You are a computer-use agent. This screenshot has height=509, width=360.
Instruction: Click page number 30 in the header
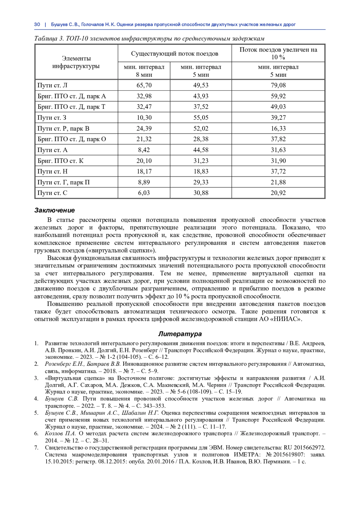point(37,25)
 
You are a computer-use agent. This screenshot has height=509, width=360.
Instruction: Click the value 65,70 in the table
point(144,85)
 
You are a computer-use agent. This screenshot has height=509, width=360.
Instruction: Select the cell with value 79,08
point(278,85)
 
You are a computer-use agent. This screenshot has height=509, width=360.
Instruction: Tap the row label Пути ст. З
point(52,118)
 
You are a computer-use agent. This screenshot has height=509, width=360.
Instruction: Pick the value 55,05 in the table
point(201,118)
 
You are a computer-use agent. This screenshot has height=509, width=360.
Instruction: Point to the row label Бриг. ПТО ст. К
point(61,161)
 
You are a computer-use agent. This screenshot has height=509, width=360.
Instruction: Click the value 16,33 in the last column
point(278,128)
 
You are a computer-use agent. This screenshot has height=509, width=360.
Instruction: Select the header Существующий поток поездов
point(175,54)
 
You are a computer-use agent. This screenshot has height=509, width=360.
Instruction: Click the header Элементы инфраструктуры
point(76,62)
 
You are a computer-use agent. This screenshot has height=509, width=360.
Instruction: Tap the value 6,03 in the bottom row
point(144,193)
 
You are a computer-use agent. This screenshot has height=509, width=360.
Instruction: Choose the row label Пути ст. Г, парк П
point(64,182)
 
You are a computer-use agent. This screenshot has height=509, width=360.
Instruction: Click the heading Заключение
point(54,210)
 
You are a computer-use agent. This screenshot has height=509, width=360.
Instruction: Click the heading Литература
point(180,334)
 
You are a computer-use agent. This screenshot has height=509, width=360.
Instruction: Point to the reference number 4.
point(36,399)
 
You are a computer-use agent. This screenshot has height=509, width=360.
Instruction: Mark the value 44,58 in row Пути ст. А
point(201,150)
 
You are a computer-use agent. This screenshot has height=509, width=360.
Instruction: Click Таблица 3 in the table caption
point(49,39)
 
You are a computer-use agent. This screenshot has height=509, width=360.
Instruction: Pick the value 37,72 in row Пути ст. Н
point(278,172)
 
